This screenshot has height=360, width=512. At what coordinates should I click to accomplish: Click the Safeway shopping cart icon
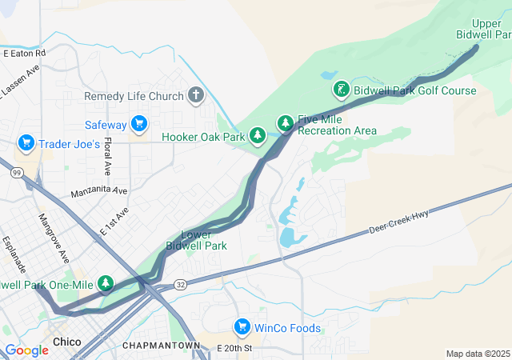click(x=139, y=124)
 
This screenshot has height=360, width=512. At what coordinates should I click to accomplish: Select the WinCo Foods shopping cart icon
click(x=242, y=327)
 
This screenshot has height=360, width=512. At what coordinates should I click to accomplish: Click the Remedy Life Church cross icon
click(x=196, y=96)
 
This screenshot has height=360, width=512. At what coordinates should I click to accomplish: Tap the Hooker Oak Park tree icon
click(x=258, y=136)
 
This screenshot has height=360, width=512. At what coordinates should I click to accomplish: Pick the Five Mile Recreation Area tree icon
click(x=286, y=123)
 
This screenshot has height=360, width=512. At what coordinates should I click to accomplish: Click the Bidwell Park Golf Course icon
click(x=342, y=90)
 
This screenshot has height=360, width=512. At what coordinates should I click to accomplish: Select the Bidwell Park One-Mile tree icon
click(x=105, y=283)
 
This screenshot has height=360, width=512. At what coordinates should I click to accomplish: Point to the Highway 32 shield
click(x=181, y=285)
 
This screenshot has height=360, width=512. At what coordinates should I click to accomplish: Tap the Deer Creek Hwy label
click(x=399, y=222)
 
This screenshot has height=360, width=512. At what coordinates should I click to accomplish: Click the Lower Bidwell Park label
click(x=196, y=240)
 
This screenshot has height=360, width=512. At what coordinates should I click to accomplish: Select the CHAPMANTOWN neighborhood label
click(x=161, y=345)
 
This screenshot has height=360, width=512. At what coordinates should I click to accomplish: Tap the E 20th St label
click(x=234, y=349)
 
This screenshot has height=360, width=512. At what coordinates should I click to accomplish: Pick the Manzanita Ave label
click(x=98, y=191)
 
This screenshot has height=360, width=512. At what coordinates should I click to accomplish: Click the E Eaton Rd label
click(x=24, y=53)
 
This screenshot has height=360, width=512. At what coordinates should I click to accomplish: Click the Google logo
click(x=26, y=350)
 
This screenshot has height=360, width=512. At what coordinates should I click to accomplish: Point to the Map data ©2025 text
click(x=477, y=354)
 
